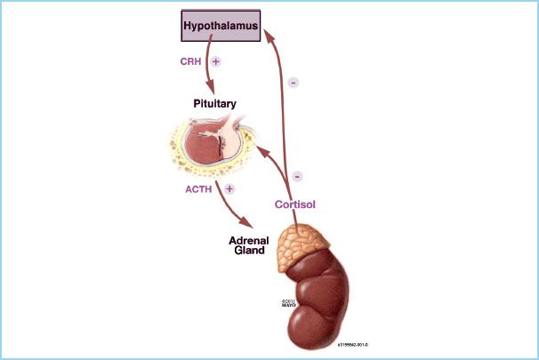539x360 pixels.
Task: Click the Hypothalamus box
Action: (220, 27)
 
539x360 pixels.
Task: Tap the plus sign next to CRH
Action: (216, 63)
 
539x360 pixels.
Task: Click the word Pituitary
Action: (215, 104)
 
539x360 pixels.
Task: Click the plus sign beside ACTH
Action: (230, 188)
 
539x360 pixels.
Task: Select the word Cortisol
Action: (295, 204)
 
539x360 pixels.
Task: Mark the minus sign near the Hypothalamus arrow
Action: (294, 83)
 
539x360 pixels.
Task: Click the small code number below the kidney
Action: (353, 342)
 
